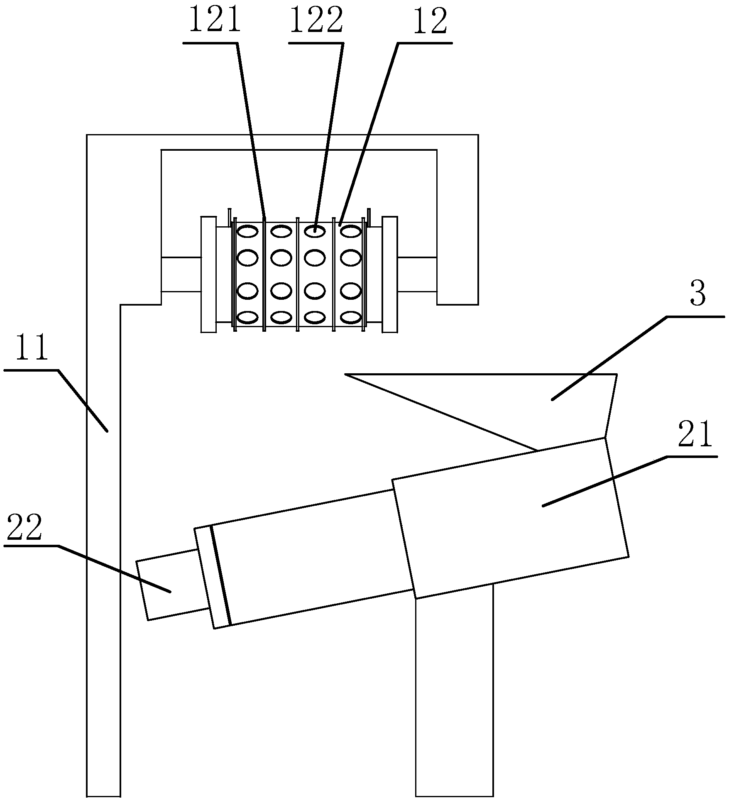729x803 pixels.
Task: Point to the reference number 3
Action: click(x=697, y=294)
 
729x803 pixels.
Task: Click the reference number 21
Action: click(x=695, y=434)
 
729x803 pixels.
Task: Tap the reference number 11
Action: click(x=32, y=350)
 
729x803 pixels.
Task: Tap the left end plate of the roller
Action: click(x=208, y=274)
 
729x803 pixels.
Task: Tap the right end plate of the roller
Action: click(x=390, y=274)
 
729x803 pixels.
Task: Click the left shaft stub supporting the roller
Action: click(x=181, y=274)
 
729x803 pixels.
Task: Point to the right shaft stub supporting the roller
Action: click(x=417, y=274)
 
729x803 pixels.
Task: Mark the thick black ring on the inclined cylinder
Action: click(x=220, y=575)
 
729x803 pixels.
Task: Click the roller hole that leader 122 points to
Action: click(x=315, y=231)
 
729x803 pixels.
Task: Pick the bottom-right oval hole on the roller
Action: click(x=351, y=317)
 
